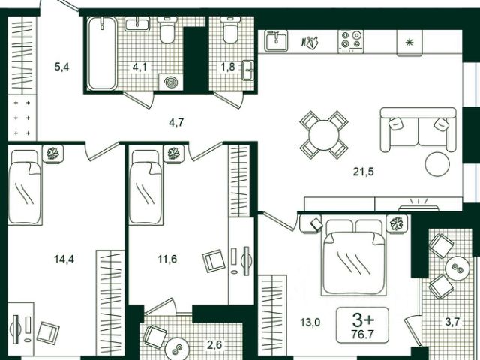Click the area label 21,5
363,172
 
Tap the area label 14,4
64,259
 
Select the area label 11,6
167,259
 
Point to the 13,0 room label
310,322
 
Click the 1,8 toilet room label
228,67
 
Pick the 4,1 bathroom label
139,67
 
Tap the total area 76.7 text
363,334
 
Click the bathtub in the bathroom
102,53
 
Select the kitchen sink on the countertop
276,41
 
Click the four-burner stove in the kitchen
351,41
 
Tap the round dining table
324,135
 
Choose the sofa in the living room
418,130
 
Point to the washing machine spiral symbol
171,82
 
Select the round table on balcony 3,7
457,268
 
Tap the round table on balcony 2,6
177,349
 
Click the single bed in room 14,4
25,187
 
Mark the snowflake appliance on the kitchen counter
409,43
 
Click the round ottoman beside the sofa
437,164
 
